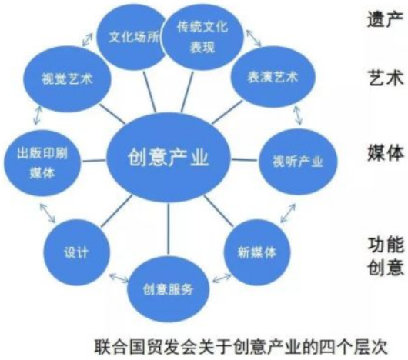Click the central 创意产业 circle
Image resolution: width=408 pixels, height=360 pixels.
tap(169, 158)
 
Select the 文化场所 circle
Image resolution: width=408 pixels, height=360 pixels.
tap(132, 37)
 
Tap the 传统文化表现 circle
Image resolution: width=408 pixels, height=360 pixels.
tap(202, 37)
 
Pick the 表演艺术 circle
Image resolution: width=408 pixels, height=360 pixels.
tap(273, 77)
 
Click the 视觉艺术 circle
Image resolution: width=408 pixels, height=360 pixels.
tap(67, 79)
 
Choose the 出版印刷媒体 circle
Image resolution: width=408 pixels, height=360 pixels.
tap(42, 163)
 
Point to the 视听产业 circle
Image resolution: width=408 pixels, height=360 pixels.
tap(298, 162)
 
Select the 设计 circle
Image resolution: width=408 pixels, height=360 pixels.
tap(76, 252)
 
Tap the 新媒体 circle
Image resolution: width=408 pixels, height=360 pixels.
tap(257, 252)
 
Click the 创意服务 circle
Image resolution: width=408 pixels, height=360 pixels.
tap(168, 289)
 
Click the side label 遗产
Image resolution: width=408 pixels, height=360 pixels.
tap(386, 18)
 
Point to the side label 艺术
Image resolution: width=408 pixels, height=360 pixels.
tap(386, 78)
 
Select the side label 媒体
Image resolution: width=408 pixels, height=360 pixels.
tap(386, 152)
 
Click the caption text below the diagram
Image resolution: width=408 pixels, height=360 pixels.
tap(241, 346)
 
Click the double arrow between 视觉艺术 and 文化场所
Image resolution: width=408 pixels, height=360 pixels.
tap(87, 40)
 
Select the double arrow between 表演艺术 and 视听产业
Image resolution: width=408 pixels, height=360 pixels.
tap(298, 115)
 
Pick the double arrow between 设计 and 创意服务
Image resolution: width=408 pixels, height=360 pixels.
tap(119, 278)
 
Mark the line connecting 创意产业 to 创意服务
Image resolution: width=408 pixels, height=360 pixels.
tap(169, 229)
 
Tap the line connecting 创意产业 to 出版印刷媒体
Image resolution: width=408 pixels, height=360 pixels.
tap(94, 162)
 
